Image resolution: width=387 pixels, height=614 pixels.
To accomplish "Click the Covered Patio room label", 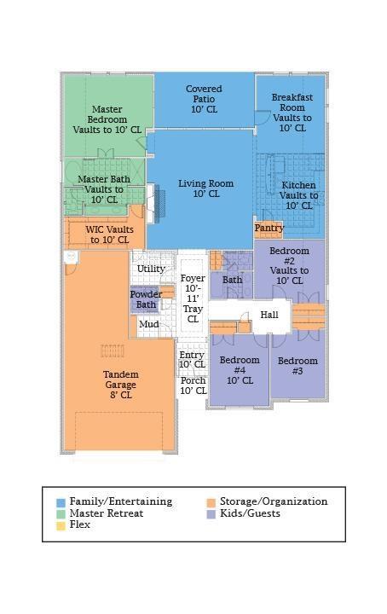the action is click(204, 99).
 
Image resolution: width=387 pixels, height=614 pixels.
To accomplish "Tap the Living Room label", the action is click(205, 188).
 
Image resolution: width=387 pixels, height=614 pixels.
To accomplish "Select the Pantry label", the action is click(269, 228).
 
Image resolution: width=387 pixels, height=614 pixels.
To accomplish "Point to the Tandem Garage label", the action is click(120, 385).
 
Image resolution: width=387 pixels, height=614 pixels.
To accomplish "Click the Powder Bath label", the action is click(146, 299).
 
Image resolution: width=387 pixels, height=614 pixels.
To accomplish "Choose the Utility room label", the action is click(151, 269).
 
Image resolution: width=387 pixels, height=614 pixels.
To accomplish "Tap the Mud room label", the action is click(149, 324).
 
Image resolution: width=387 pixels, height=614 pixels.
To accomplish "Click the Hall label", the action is click(269, 315).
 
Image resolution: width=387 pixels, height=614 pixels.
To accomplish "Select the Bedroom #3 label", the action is click(297, 366).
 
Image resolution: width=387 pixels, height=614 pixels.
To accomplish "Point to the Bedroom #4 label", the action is click(240, 370).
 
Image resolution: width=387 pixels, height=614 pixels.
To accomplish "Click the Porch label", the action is click(193, 385).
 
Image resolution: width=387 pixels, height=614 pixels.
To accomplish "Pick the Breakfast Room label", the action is click(292, 113).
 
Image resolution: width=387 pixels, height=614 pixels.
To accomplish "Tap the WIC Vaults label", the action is click(110, 235).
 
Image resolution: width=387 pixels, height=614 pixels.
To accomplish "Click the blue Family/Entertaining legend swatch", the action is click(61, 502).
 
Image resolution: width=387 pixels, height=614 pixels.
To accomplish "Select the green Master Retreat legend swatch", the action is click(61, 513).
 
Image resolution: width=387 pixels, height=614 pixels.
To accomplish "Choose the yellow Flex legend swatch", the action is click(61, 525).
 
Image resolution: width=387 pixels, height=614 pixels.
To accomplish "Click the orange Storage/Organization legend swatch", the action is click(211, 502).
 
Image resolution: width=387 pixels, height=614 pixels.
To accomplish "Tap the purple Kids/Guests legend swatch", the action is click(211, 513).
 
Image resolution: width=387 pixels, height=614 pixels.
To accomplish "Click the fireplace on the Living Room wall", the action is click(159, 204).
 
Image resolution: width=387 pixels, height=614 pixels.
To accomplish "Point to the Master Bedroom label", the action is click(107, 119).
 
